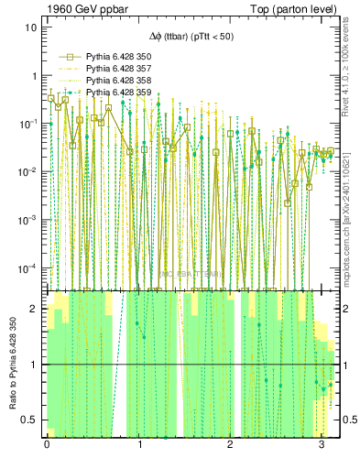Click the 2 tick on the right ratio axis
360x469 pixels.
pyautogui.click(x=344, y=309)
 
